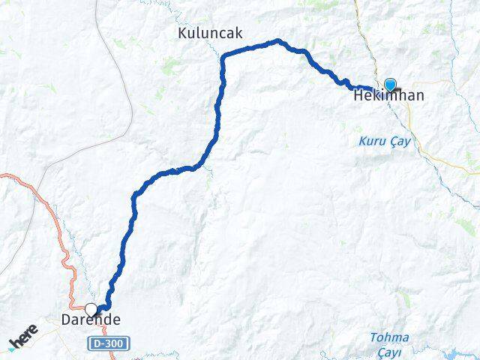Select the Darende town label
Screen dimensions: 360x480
[x=90, y=320]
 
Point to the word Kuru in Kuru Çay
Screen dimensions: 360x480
[x=371, y=141]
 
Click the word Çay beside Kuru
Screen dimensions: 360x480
[x=400, y=142]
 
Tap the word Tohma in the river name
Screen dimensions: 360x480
[x=389, y=337]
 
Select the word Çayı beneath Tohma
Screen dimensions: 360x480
[x=389, y=351]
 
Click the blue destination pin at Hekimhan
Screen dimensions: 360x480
[x=390, y=85]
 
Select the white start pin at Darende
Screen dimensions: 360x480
[x=91, y=310]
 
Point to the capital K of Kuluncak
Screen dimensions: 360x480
[x=182, y=33]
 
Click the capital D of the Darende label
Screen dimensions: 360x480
[x=65, y=320]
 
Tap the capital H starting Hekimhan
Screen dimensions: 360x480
[x=358, y=96]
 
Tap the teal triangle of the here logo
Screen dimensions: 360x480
[x=13, y=348]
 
